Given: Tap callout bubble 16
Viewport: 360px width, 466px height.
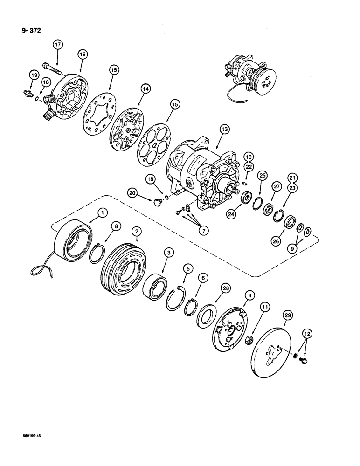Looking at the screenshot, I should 82,55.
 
